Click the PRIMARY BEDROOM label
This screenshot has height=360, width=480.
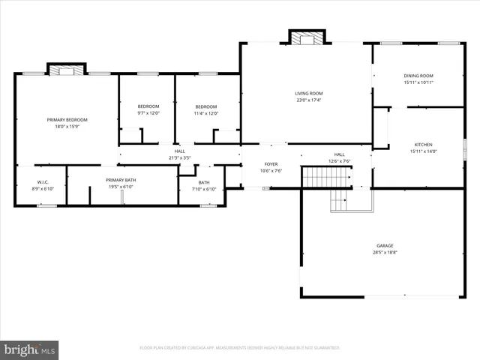point(67,120)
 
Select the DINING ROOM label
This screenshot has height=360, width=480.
point(418,76)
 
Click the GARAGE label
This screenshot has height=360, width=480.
point(385,246)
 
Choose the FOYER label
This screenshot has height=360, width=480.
point(271,163)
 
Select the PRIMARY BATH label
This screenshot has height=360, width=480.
point(121,180)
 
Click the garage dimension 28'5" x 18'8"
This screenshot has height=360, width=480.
point(385,253)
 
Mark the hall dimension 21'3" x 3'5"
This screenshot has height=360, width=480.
point(179,158)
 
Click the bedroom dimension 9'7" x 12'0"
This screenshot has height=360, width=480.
point(148,113)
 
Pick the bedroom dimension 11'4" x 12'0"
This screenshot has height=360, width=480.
point(206,113)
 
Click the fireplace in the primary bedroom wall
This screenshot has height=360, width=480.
point(67,70)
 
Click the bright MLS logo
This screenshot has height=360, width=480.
point(30,349)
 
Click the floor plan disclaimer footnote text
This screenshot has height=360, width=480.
point(240,348)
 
